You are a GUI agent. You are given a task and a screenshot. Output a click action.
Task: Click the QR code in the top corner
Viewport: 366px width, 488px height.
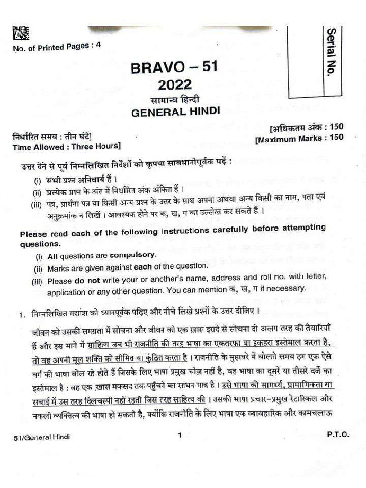pyautogui.click(x=20, y=33)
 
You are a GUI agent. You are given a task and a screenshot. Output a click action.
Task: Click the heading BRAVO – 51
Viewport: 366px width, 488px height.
pyautogui.click(x=174, y=68)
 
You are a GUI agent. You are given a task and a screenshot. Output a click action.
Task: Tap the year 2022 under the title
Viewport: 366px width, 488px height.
pyautogui.click(x=174, y=85)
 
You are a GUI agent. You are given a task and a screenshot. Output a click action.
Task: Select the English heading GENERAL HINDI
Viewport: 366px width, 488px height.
pyautogui.click(x=175, y=112)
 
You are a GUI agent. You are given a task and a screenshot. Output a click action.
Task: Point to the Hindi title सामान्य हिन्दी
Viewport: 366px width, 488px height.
pyautogui.click(x=175, y=100)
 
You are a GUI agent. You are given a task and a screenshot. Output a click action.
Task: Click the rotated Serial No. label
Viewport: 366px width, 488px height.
pyautogui.click(x=331, y=53)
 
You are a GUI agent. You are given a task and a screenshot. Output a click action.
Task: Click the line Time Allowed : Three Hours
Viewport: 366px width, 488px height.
pyautogui.click(x=67, y=146)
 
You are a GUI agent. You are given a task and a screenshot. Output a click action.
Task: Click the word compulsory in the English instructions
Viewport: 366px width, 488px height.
pyautogui.click(x=132, y=255)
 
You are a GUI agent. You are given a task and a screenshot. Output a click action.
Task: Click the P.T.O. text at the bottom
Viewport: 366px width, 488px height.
pyautogui.click(x=338, y=435)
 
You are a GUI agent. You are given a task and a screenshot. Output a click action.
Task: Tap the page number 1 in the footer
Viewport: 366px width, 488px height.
pyautogui.click(x=180, y=435)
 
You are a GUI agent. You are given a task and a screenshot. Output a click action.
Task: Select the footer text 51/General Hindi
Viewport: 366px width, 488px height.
pyautogui.click(x=42, y=437)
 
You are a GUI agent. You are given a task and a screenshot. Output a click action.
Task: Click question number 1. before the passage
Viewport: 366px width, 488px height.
pyautogui.click(x=21, y=315)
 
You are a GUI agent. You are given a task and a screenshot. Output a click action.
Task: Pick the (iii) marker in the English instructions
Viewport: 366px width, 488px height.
pyautogui.click(x=37, y=281)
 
